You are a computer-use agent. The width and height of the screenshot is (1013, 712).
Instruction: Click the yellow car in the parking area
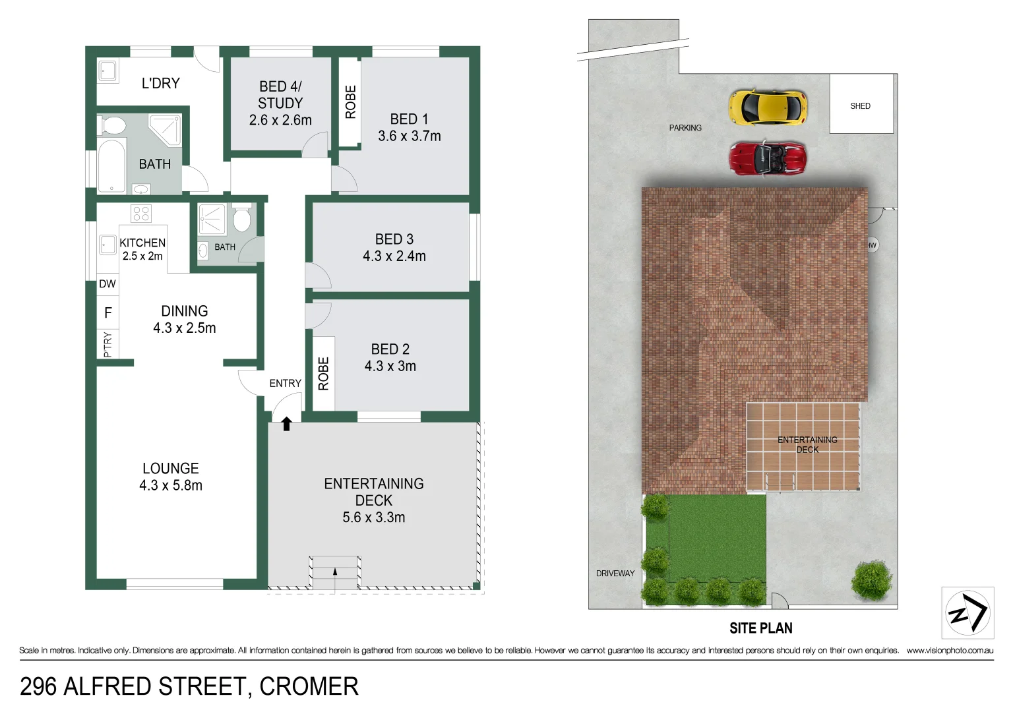pos(768,107)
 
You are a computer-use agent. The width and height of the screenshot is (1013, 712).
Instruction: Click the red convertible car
pos(767,158)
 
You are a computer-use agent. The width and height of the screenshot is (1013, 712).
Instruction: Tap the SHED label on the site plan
pos(860,106)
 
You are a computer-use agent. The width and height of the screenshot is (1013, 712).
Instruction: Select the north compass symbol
pos(967,613)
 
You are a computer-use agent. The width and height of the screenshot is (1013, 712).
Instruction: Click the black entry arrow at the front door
pos(286,423)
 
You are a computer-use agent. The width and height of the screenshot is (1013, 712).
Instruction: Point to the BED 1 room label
pos(409,119)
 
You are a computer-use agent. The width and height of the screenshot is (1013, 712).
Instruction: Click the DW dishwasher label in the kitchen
pos(107,284)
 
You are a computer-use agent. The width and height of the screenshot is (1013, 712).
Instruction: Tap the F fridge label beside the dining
pos(108,313)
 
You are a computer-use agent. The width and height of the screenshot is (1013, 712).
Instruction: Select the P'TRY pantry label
pos(108,344)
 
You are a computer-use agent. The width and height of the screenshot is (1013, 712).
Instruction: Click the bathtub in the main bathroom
pos(112,165)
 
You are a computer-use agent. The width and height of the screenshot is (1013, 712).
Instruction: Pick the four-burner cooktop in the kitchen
pos(141,214)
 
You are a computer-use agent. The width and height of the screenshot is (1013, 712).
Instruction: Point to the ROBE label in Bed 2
pos(324,374)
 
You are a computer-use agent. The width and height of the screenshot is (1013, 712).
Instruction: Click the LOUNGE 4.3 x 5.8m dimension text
pos(171,486)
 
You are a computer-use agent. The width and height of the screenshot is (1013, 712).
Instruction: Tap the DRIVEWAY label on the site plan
pos(615,574)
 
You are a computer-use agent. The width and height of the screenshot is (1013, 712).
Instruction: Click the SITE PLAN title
pos(760,628)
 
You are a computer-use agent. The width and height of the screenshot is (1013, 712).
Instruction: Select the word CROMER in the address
pos(309,687)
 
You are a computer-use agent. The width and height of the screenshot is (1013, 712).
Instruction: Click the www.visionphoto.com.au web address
pos(949,651)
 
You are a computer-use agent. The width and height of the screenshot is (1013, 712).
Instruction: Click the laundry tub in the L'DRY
pos(107,71)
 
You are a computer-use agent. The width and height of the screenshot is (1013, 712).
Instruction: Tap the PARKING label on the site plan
pos(685,128)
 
